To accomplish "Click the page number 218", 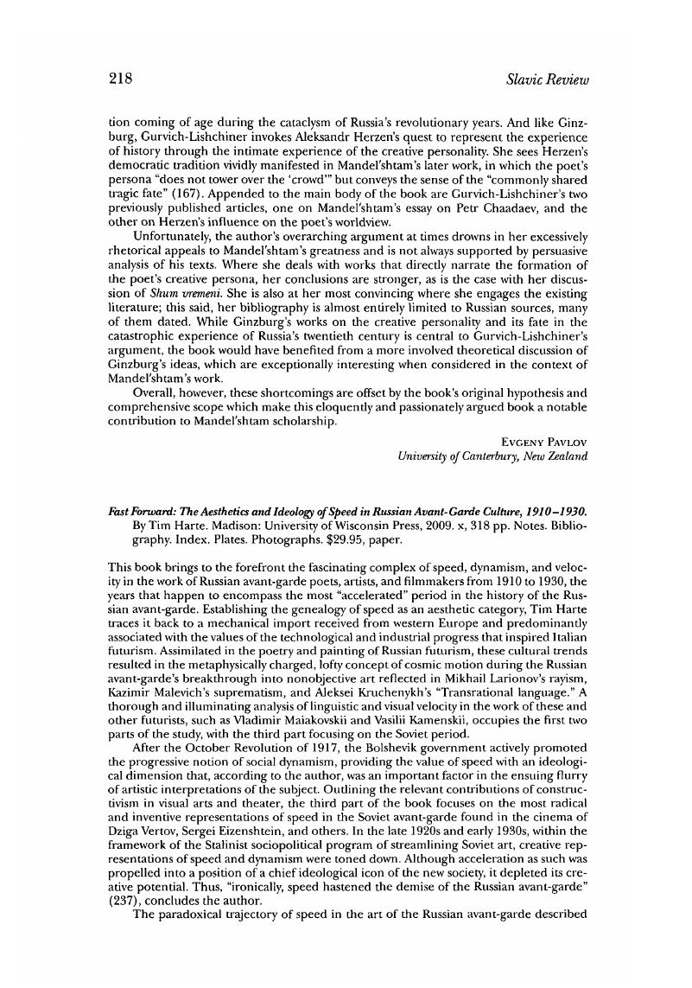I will (119, 80).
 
